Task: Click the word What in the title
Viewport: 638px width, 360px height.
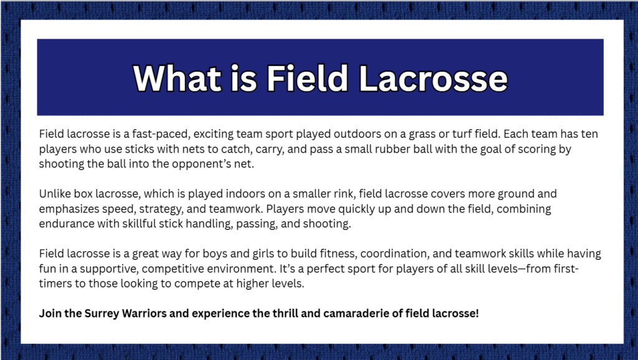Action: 178,78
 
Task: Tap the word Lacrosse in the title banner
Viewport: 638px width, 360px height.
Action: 434,78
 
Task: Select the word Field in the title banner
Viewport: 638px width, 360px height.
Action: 307,78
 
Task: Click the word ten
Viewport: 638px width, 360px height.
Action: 589,134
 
